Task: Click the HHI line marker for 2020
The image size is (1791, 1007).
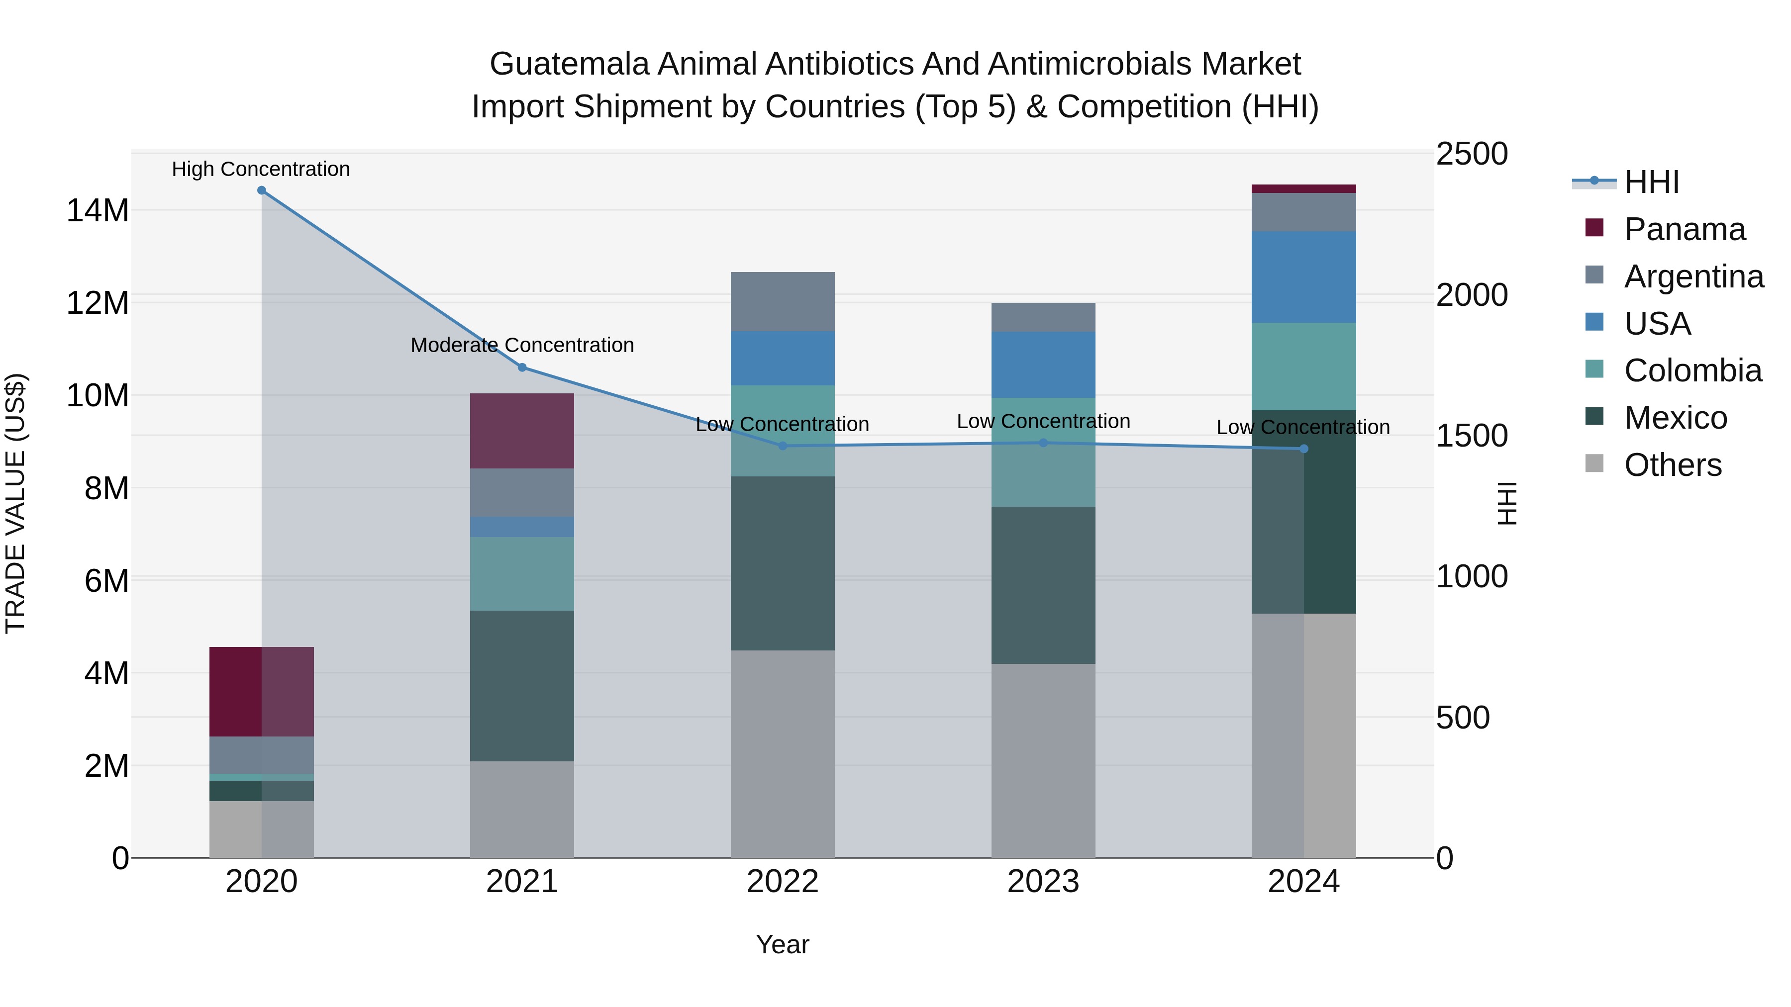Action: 261,190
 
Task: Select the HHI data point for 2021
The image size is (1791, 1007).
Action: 523,367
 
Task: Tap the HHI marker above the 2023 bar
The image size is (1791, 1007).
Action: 1043,443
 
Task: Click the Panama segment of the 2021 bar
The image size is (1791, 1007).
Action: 522,431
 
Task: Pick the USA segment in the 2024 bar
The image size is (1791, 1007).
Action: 1303,276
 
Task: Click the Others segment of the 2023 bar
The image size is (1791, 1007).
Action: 1043,760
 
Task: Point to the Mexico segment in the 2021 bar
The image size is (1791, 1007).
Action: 522,686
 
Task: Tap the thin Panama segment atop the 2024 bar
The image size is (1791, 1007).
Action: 1303,189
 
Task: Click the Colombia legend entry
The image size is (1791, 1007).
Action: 1692,370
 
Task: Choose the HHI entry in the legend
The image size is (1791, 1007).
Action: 1651,182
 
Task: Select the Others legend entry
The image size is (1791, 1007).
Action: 1672,465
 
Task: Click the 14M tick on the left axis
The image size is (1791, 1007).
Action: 98,210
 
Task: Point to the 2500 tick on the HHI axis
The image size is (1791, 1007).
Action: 1472,154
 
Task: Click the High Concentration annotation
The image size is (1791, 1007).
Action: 261,169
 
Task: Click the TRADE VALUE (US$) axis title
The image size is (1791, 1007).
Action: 15,503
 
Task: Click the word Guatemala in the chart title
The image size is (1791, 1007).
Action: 570,64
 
